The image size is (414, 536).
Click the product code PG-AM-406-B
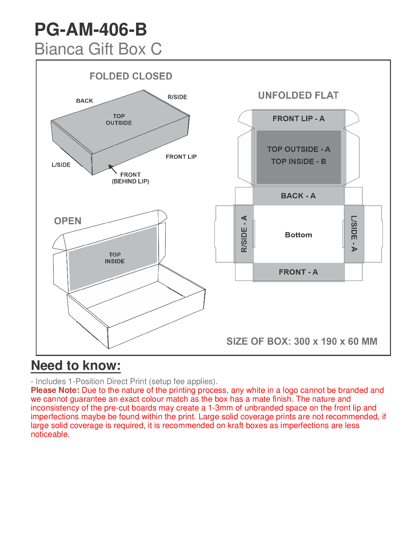point(91,29)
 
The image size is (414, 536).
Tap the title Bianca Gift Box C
point(98,49)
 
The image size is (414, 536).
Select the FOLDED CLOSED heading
point(131,76)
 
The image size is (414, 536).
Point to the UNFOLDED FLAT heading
point(298,95)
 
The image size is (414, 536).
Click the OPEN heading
point(68,221)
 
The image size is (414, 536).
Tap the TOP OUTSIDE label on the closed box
point(119,119)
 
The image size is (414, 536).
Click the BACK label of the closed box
point(85,101)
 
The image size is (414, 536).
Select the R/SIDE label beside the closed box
point(177,97)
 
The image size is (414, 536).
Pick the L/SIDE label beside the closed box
point(61,165)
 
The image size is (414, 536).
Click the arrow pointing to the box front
point(112,169)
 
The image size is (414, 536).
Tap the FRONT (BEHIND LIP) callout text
point(131,178)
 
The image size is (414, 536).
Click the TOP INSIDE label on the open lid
point(115,258)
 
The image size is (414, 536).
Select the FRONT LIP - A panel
point(298,119)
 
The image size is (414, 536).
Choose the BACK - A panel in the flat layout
point(298,196)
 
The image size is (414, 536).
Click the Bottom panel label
point(298,235)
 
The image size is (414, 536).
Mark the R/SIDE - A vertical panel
point(244,234)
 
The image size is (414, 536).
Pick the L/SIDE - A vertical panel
point(354,234)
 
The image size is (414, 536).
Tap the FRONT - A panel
point(298,272)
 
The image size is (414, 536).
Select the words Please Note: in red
point(55,390)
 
